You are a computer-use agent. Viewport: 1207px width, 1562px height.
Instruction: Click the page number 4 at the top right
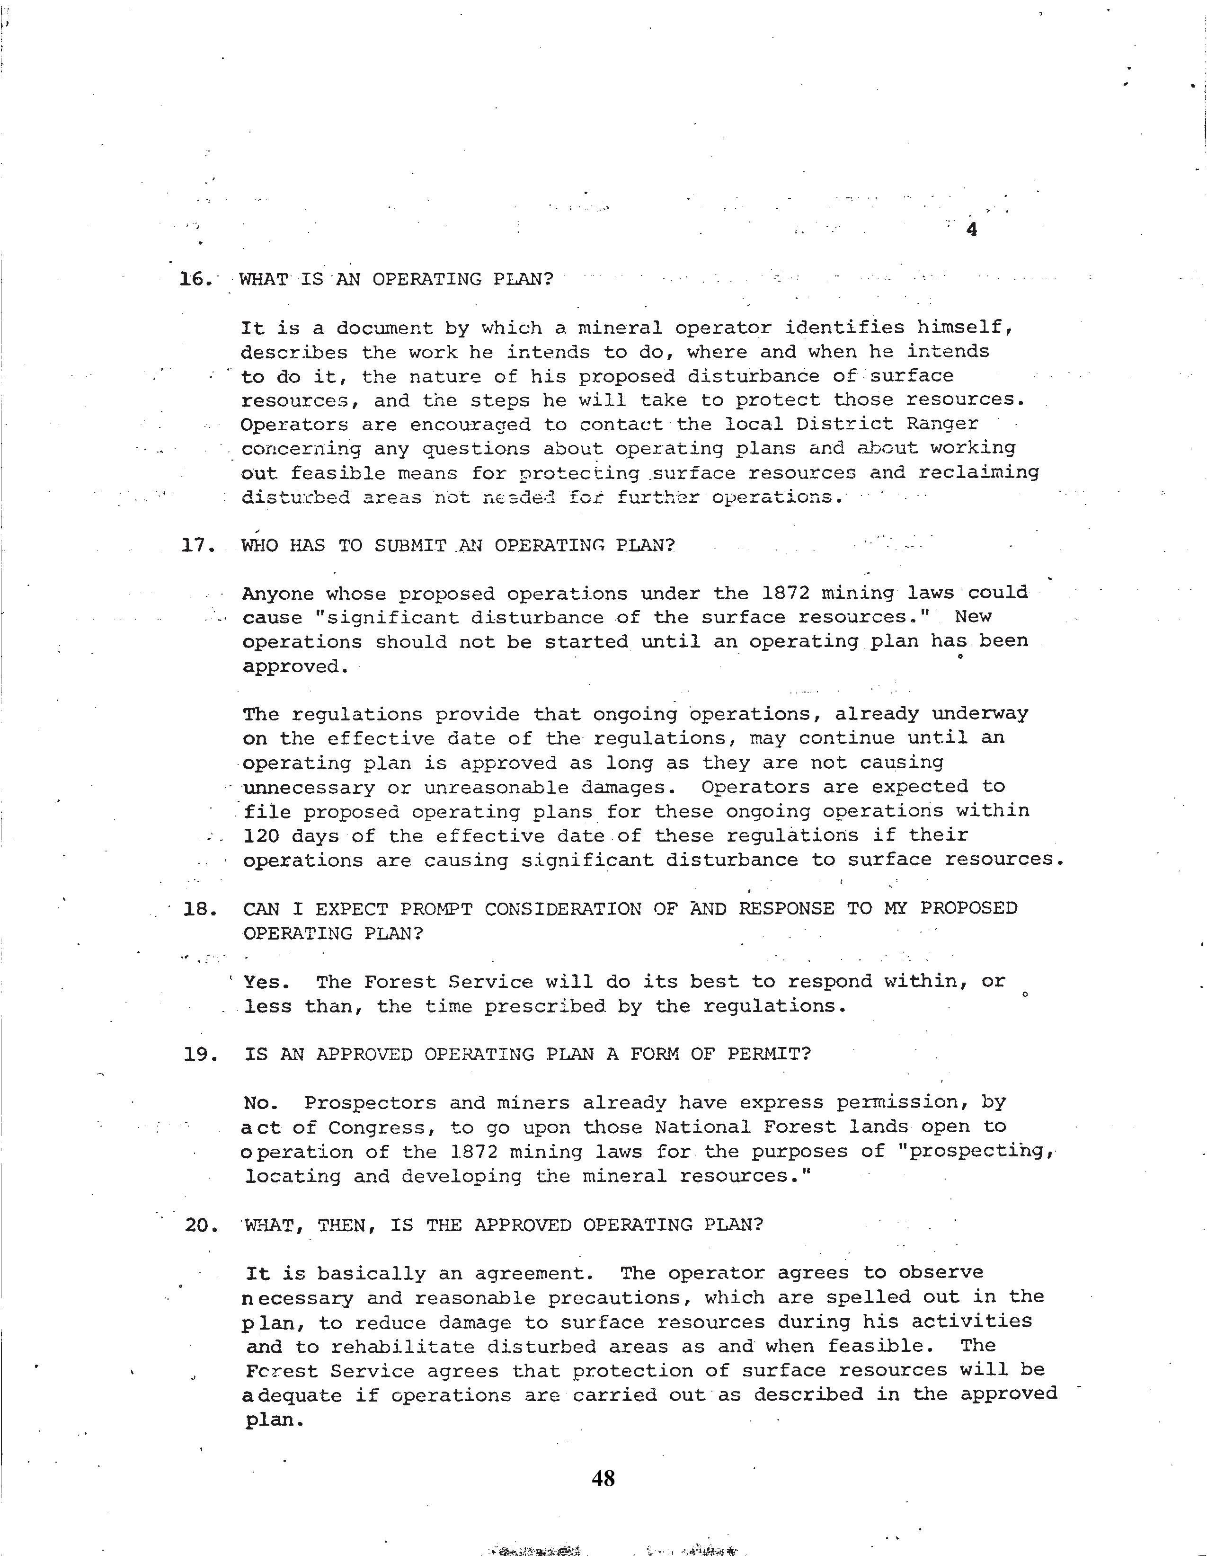(x=971, y=231)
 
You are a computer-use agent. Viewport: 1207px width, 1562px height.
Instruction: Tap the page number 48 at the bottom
(x=603, y=1478)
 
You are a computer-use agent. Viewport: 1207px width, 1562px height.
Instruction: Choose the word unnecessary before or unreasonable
(x=309, y=788)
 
